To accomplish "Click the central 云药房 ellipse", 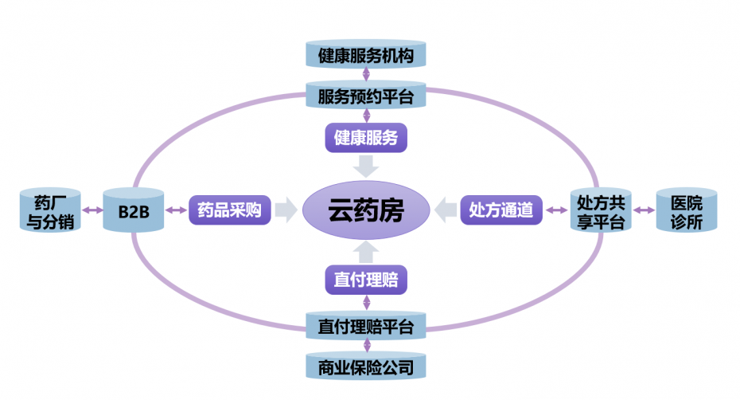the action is [x=366, y=210].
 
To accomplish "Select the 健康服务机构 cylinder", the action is [x=366, y=54].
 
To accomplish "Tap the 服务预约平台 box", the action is [x=366, y=96].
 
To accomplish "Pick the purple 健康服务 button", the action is [x=366, y=138].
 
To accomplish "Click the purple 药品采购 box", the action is [x=230, y=210].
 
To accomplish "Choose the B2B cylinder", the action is [x=134, y=210].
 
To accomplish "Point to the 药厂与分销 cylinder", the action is [x=50, y=210].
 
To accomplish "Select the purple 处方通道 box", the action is [x=501, y=210].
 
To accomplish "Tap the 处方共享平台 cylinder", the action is [x=601, y=210].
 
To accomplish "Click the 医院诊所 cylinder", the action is [x=687, y=210].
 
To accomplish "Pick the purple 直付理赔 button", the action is [x=366, y=280].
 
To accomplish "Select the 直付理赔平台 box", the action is [x=366, y=325].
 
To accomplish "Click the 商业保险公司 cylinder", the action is [x=366, y=366].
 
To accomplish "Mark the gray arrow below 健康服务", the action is [x=366, y=167].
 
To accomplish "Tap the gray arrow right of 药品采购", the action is [x=286, y=210].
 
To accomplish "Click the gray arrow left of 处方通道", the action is [x=445, y=210].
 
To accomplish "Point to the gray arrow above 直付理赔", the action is [x=366, y=252].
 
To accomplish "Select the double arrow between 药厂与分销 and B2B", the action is [x=92, y=210].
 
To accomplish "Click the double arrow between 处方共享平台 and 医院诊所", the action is [x=644, y=210].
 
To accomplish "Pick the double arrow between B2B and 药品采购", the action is [x=176, y=210].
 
